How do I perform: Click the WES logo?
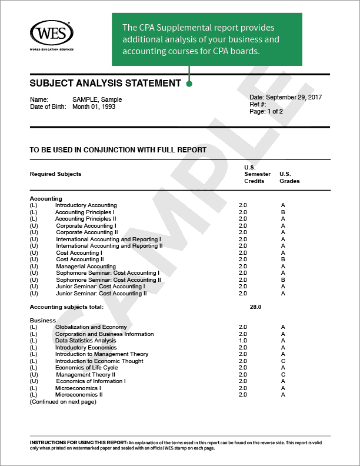click(x=51, y=33)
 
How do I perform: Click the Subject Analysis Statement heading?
click(x=105, y=84)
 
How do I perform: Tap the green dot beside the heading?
click(x=189, y=84)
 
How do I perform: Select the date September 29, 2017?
click(x=294, y=97)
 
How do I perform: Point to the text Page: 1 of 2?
click(x=266, y=111)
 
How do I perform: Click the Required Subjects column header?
click(x=55, y=174)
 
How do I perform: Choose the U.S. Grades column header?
click(x=289, y=177)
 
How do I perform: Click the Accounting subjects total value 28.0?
click(x=255, y=307)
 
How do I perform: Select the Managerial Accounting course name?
click(x=86, y=267)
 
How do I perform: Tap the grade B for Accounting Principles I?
click(x=283, y=212)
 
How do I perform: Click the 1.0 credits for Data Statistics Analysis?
click(x=243, y=341)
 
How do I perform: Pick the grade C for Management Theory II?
click(x=283, y=374)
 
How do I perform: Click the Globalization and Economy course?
click(x=91, y=327)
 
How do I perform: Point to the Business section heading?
click(x=42, y=321)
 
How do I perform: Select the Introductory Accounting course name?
click(x=86, y=205)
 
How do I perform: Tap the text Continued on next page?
click(x=63, y=402)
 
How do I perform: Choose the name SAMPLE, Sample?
click(x=97, y=100)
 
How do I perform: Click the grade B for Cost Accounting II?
click(x=283, y=259)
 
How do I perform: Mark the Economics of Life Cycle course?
click(x=86, y=368)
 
